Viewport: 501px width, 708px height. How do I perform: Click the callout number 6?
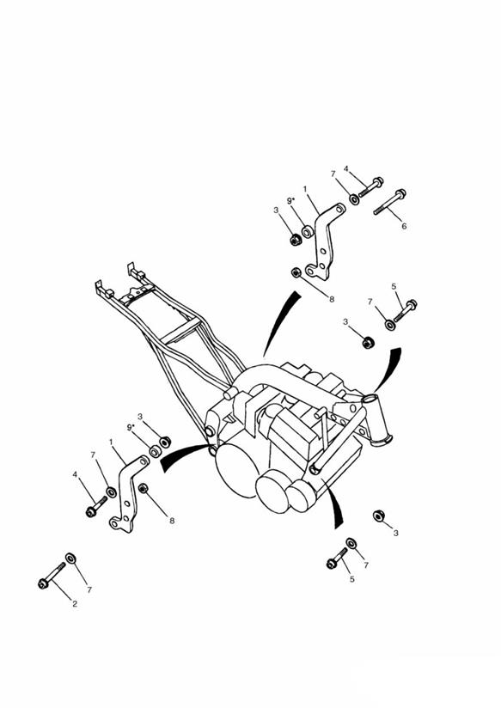405,226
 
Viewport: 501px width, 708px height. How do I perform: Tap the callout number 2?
75,604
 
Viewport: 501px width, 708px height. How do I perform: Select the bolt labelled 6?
389,202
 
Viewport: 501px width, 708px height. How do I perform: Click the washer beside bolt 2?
70,558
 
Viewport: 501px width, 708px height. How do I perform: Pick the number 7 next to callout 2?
89,589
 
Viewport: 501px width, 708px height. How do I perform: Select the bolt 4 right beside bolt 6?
371,187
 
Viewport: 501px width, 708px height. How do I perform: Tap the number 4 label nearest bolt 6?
346,169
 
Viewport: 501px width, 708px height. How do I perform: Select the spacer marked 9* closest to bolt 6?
308,232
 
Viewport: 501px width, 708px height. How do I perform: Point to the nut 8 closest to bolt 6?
296,272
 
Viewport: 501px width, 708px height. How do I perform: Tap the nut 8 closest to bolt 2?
144,488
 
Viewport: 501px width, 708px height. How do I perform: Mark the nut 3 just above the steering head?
368,343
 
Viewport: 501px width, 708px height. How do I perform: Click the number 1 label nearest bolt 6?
305,189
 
